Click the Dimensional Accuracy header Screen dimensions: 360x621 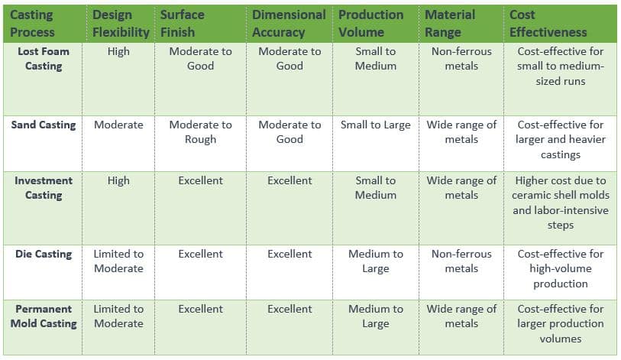[x=289, y=24]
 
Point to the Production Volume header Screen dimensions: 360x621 [x=371, y=24]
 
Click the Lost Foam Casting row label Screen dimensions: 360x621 [x=44, y=59]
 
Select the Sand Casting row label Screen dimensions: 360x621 [x=44, y=125]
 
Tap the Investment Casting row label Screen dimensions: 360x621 [x=44, y=188]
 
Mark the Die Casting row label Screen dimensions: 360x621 [x=44, y=254]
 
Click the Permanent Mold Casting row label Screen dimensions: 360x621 [x=44, y=316]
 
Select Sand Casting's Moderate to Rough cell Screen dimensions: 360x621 [x=200, y=132]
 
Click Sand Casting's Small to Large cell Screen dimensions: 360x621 [x=375, y=125]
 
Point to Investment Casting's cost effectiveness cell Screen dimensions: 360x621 [x=560, y=203]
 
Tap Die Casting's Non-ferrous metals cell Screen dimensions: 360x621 [x=461, y=261]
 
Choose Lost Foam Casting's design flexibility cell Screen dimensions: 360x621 [x=118, y=51]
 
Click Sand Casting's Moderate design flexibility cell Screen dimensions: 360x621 [x=118, y=125]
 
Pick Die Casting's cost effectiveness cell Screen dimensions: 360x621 [x=560, y=268]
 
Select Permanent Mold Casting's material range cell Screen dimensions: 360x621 [x=461, y=316]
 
